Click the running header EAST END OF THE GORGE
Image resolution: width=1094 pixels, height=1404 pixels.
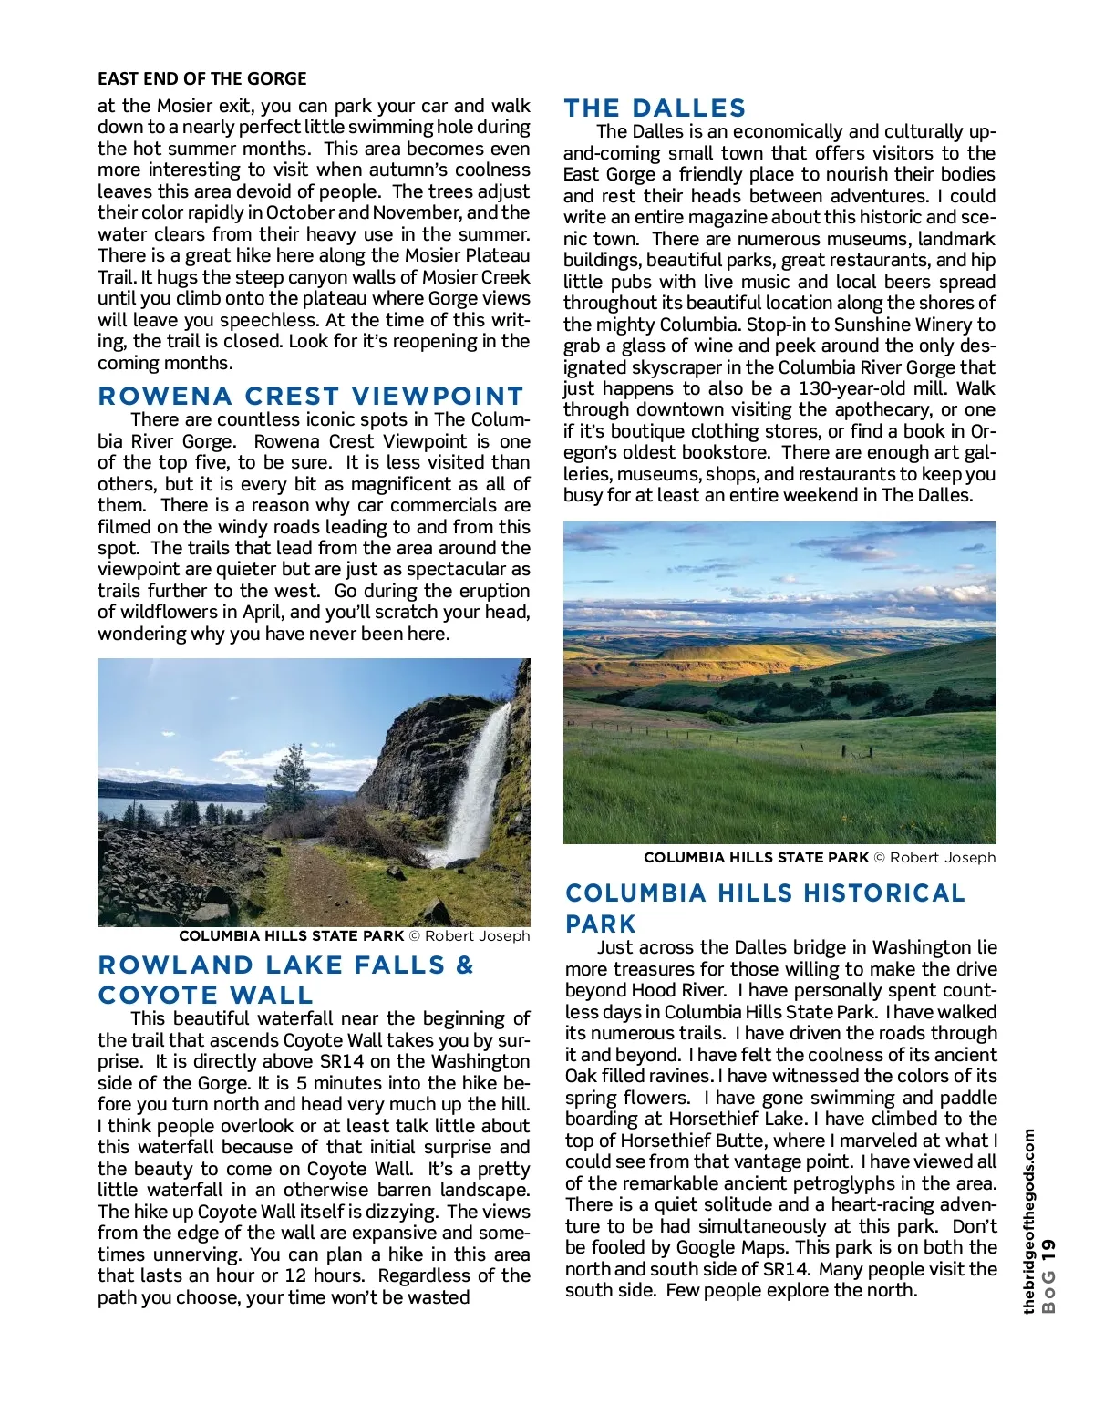tap(202, 79)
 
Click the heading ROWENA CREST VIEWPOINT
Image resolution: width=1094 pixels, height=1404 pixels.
tap(311, 397)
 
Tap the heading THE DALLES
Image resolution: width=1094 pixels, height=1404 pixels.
tap(655, 108)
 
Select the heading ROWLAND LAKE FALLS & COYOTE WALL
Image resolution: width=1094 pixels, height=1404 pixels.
tap(286, 979)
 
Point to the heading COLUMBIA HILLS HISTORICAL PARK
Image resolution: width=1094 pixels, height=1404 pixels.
tap(764, 908)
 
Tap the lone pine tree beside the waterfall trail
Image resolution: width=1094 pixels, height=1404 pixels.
tap(294, 775)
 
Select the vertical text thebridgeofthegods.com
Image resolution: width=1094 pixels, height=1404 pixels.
tap(1029, 1221)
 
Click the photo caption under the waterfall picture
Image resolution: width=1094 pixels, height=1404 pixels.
tap(354, 936)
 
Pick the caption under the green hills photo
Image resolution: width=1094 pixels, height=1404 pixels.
tap(819, 858)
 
